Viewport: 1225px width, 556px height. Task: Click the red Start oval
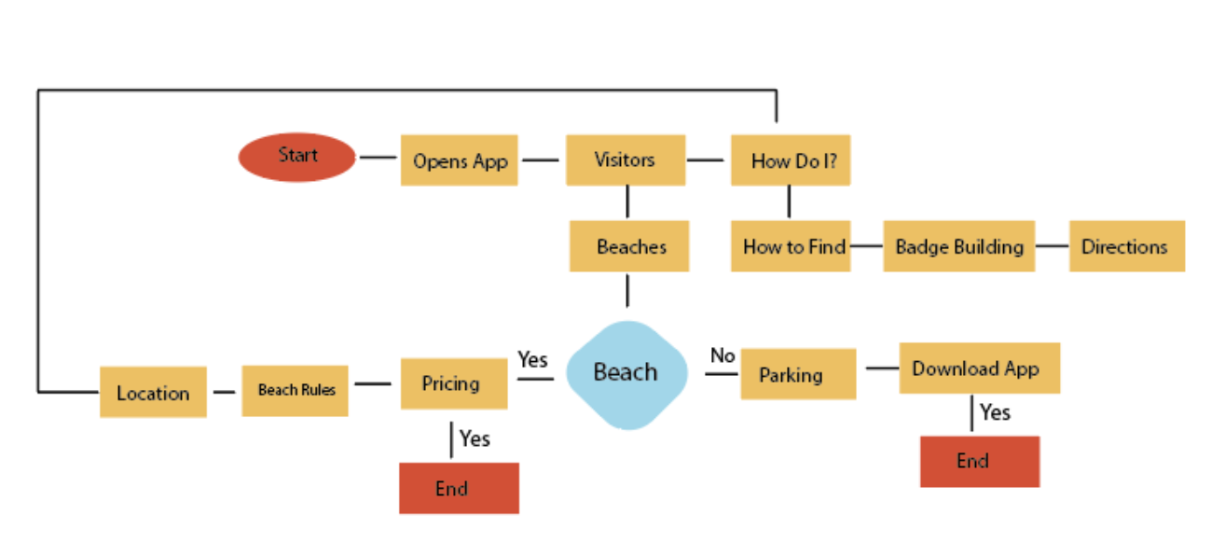click(x=297, y=157)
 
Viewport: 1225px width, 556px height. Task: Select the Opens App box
click(x=460, y=160)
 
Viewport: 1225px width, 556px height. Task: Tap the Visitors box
click(x=626, y=160)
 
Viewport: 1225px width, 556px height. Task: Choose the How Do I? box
click(x=791, y=160)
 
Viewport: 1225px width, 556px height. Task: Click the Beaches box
click(x=629, y=246)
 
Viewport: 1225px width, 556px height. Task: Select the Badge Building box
click(x=958, y=246)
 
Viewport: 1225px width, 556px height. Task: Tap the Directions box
click(x=1126, y=246)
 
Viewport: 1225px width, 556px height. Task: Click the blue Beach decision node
click(x=626, y=373)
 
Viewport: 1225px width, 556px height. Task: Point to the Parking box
click(x=798, y=374)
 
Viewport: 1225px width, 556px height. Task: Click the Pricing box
click(x=454, y=383)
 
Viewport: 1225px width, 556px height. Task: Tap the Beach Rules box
click(x=295, y=390)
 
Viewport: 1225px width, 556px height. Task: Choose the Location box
click(x=153, y=392)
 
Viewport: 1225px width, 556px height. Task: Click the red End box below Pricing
click(x=459, y=488)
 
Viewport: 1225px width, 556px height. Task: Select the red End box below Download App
click(x=979, y=461)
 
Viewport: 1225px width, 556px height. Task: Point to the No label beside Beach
click(x=723, y=355)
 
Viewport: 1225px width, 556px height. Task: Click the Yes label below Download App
click(x=996, y=412)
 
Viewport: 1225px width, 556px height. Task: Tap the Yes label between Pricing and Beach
click(x=532, y=359)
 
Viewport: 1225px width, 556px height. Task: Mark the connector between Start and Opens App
click(x=378, y=158)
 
